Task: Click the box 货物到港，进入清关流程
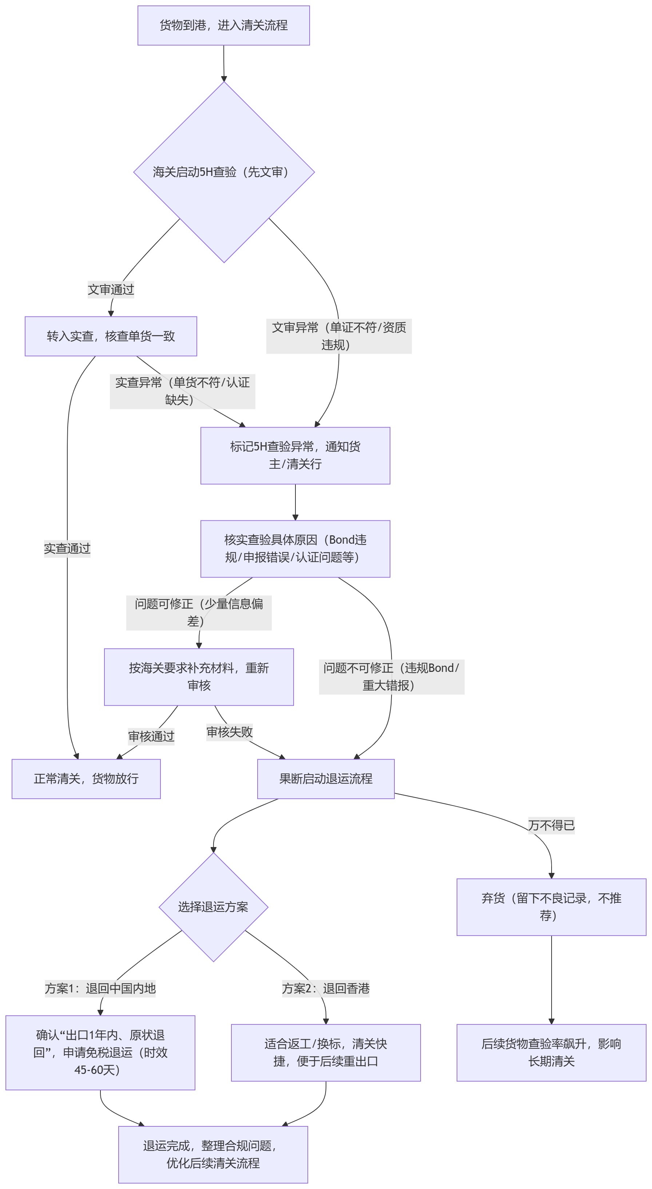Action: (x=224, y=25)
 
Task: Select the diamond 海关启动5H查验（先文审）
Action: (x=224, y=172)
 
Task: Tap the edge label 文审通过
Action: (x=111, y=290)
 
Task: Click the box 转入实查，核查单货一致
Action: (x=111, y=336)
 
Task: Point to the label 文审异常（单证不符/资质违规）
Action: (x=339, y=336)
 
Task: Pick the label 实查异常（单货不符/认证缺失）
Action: (x=182, y=391)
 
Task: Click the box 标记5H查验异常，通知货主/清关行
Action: (x=295, y=456)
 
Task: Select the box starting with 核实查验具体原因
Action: (x=295, y=549)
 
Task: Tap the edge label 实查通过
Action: (x=67, y=548)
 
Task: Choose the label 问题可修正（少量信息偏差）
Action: (x=199, y=613)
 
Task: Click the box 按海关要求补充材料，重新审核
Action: (x=199, y=677)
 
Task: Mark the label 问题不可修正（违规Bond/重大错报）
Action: (x=391, y=677)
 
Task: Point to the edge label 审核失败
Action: (x=229, y=732)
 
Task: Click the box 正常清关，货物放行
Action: (x=86, y=779)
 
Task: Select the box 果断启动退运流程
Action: (x=326, y=779)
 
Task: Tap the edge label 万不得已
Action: (x=551, y=825)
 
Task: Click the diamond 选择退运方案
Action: (x=214, y=907)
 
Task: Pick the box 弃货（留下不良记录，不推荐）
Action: (x=551, y=907)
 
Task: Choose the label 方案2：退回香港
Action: (x=326, y=988)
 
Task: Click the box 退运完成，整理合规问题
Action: (x=213, y=1154)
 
